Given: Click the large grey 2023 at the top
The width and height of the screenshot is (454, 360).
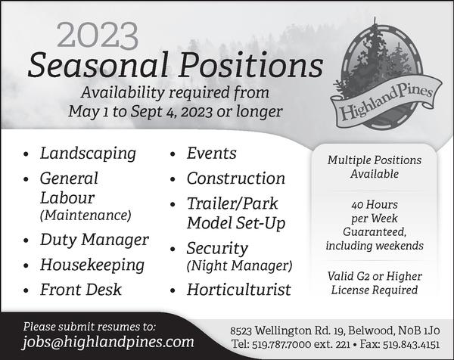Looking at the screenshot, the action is (98, 36).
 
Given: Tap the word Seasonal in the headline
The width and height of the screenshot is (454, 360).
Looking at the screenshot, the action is (98, 64).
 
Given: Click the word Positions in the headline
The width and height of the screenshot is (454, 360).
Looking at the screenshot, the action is (250, 64).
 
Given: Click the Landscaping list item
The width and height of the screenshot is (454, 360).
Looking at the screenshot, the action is (88, 154).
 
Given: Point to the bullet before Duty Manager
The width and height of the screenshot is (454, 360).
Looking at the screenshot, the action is (26, 241).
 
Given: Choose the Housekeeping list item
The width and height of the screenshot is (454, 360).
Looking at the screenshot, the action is (92, 265).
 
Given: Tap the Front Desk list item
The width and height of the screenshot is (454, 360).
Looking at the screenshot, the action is (81, 290).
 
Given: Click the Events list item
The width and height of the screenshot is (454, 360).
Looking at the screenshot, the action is (211, 153).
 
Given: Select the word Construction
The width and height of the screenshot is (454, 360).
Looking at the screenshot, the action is (235, 178).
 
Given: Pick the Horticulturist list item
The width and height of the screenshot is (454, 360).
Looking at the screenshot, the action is (238, 290).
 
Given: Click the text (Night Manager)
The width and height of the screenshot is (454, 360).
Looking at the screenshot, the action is (239, 265).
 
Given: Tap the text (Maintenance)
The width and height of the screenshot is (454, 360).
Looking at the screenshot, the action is (86, 216).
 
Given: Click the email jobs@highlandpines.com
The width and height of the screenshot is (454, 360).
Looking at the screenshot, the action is (108, 342).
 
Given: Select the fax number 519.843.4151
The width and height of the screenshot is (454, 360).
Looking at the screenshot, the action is (411, 344).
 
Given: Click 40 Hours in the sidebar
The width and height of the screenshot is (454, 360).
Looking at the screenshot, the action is (375, 205).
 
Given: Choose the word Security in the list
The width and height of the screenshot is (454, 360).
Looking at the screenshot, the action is (217, 249).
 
